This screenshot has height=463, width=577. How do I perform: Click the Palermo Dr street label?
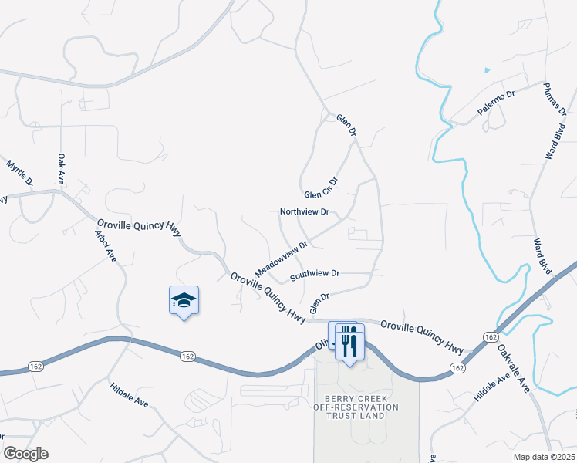[494, 103]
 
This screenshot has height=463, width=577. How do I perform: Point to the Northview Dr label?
[304, 211]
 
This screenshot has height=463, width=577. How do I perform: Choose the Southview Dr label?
[315, 274]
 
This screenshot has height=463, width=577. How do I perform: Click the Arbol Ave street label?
[104, 245]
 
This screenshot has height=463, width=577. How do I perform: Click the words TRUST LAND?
[356, 416]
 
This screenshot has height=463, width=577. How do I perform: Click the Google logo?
[25, 454]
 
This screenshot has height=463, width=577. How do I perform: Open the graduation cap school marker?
[184, 300]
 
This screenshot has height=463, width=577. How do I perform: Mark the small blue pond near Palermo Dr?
[487, 71]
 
